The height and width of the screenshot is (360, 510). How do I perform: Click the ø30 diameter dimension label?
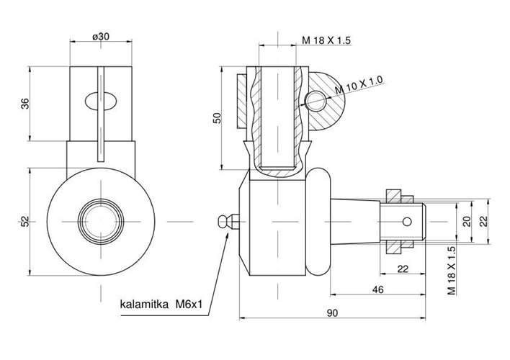pyautogui.click(x=101, y=37)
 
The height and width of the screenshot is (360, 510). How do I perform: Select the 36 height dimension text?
pyautogui.click(x=25, y=104)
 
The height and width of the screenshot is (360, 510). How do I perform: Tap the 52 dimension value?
pyautogui.click(x=25, y=222)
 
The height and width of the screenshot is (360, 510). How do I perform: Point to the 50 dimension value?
pyautogui.click(x=217, y=118)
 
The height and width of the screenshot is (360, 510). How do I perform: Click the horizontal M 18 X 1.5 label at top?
pyautogui.click(x=326, y=40)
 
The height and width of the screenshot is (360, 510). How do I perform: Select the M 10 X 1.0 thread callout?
pyautogui.click(x=359, y=85)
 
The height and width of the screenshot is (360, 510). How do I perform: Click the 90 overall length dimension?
pyautogui.click(x=332, y=313)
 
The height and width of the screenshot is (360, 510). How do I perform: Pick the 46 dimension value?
pyautogui.click(x=377, y=289)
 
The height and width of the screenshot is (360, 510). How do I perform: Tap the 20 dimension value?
pyautogui.click(x=467, y=222)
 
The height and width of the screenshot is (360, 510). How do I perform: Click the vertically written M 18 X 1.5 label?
pyautogui.click(x=452, y=271)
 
